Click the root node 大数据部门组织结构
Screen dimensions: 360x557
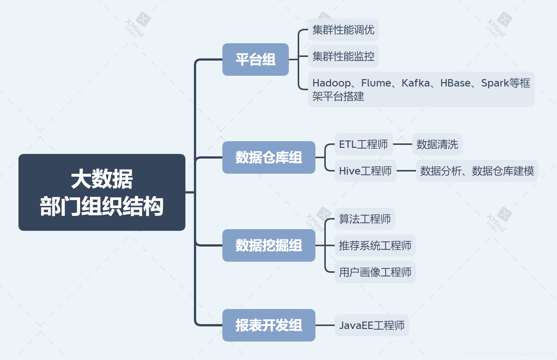point(102,192)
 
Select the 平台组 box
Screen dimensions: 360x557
point(256,60)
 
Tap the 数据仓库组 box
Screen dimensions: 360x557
point(269,157)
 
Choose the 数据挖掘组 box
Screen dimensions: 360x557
point(269,245)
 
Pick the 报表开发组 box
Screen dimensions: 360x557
point(269,325)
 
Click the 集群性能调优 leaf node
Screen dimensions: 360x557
point(344,30)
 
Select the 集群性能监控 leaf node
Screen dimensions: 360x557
point(344,56)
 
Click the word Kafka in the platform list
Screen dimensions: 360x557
point(416,83)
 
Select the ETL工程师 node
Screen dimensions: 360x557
point(363,144)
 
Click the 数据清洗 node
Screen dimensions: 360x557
point(437,144)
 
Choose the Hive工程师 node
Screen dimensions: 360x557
point(365,171)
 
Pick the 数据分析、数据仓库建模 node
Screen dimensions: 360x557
point(477,171)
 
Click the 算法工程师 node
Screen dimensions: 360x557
point(365,219)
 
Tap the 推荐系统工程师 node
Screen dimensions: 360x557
point(375,245)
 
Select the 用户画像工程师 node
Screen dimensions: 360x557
point(375,272)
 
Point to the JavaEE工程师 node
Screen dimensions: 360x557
point(372,325)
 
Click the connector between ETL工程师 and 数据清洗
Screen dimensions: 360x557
point(403,144)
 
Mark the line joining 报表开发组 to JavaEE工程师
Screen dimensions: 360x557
point(325,325)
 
